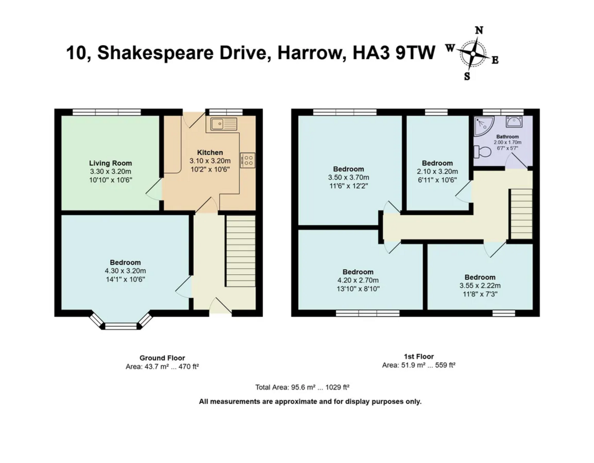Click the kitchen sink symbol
[x=223, y=124]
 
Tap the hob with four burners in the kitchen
[x=248, y=160]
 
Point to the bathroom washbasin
[x=513, y=121]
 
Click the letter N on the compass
[x=479, y=30]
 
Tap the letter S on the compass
[x=467, y=76]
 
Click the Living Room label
[x=111, y=163]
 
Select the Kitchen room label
[x=210, y=152]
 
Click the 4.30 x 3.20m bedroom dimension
[x=125, y=271]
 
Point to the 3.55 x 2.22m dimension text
[x=480, y=286]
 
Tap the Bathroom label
[x=508, y=137]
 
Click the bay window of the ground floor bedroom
[x=121, y=322]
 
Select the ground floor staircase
[x=241, y=251]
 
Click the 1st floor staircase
[x=521, y=214]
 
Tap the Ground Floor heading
[x=162, y=358]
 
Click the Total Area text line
[x=302, y=387]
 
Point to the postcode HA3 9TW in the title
[x=394, y=53]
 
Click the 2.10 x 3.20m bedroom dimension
[x=437, y=172]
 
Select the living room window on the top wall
[x=107, y=112]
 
